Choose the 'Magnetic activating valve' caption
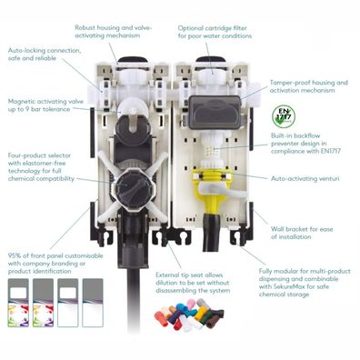point(45,105)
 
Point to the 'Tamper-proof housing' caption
point(309,86)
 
